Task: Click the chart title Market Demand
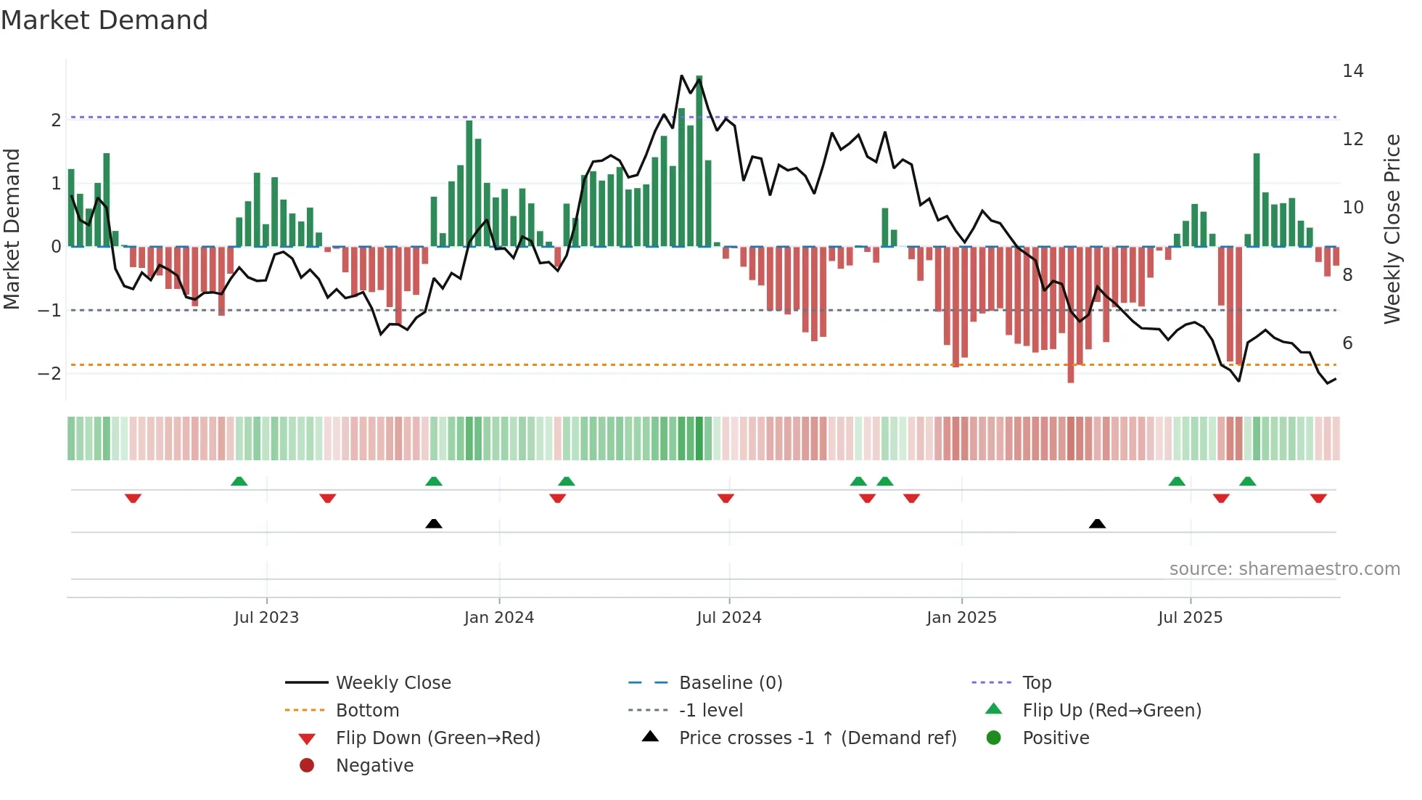tap(104, 20)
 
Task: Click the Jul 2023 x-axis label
tap(266, 618)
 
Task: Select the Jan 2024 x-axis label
tap(499, 618)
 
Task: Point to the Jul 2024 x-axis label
tap(729, 618)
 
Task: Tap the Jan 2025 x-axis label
tap(961, 618)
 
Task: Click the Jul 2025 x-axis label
tap(1190, 618)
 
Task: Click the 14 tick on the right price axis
tap(1352, 71)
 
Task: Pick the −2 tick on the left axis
tap(49, 374)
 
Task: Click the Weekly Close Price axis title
tap(1392, 229)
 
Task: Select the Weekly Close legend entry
tap(393, 683)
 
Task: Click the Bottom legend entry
tap(367, 711)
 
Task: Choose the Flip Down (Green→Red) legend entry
tap(437, 738)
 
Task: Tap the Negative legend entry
tap(374, 766)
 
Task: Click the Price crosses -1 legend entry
tap(817, 738)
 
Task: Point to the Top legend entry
tap(1036, 683)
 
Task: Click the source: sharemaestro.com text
tap(1284, 569)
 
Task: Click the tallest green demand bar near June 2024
tap(699, 160)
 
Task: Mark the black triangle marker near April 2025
tap(1097, 523)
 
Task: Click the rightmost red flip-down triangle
tap(1318, 498)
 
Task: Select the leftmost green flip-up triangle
tap(239, 481)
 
